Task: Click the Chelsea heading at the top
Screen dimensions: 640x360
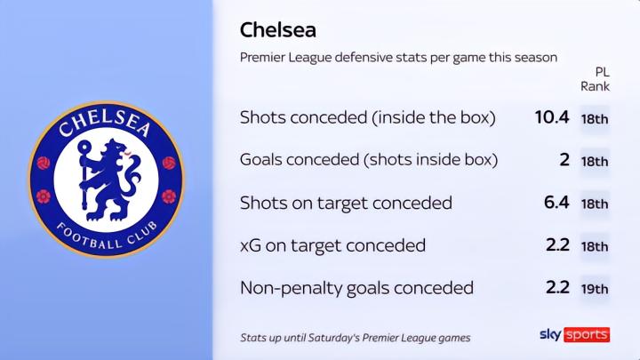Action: (x=278, y=30)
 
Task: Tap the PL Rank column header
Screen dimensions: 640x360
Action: (x=595, y=79)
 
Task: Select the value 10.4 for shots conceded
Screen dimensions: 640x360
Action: (x=552, y=117)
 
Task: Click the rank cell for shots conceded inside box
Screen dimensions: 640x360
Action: (x=595, y=119)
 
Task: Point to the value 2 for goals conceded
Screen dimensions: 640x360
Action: (x=564, y=160)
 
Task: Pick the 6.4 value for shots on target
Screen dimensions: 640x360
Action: (x=556, y=202)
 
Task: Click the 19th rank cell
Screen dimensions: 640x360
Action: (x=595, y=289)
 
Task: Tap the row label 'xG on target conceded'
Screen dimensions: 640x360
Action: (x=332, y=245)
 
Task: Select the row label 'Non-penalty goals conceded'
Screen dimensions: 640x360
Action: (x=356, y=288)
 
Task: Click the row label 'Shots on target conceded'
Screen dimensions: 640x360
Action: (x=346, y=203)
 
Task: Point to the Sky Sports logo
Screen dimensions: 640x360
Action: (x=575, y=335)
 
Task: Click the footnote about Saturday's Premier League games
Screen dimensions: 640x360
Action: (x=355, y=338)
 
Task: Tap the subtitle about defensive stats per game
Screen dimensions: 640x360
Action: (x=398, y=58)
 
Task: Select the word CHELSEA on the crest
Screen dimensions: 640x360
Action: (x=105, y=124)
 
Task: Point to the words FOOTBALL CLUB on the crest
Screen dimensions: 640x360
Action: (x=106, y=236)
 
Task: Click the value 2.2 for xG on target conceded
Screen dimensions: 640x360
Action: (x=557, y=245)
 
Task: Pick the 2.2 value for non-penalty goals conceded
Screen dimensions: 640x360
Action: (x=557, y=287)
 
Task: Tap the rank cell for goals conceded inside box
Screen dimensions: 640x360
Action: (x=595, y=162)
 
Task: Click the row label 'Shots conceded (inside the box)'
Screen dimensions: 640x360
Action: (x=368, y=117)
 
